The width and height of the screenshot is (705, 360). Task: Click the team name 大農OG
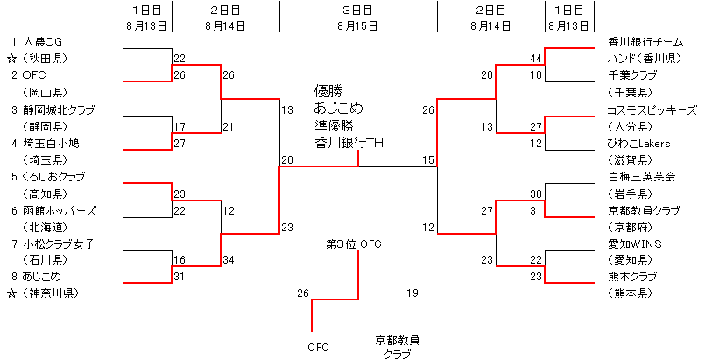(43, 41)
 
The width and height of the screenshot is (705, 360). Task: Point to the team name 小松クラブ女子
(59, 244)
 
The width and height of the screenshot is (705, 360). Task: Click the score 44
(536, 58)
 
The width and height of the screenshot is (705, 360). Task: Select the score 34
(229, 259)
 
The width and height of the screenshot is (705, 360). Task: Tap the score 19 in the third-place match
(412, 293)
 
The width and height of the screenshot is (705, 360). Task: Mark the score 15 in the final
(427, 159)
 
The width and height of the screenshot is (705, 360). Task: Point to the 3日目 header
(357, 10)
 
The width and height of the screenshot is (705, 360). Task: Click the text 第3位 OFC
(353, 244)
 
